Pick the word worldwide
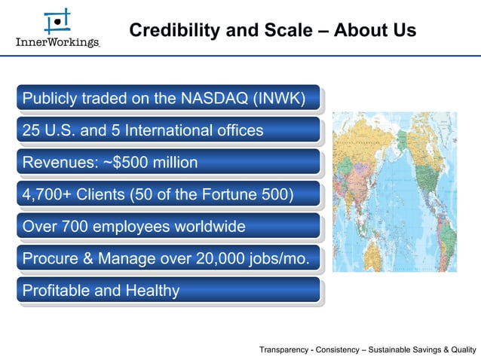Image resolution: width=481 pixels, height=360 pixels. pos(201,226)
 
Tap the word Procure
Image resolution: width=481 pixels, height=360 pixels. pos(51,258)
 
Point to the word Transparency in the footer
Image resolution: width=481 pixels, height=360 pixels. pos(286,349)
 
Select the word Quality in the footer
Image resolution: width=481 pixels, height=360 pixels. pos(461,349)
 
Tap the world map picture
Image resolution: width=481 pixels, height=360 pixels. pos(394,191)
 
